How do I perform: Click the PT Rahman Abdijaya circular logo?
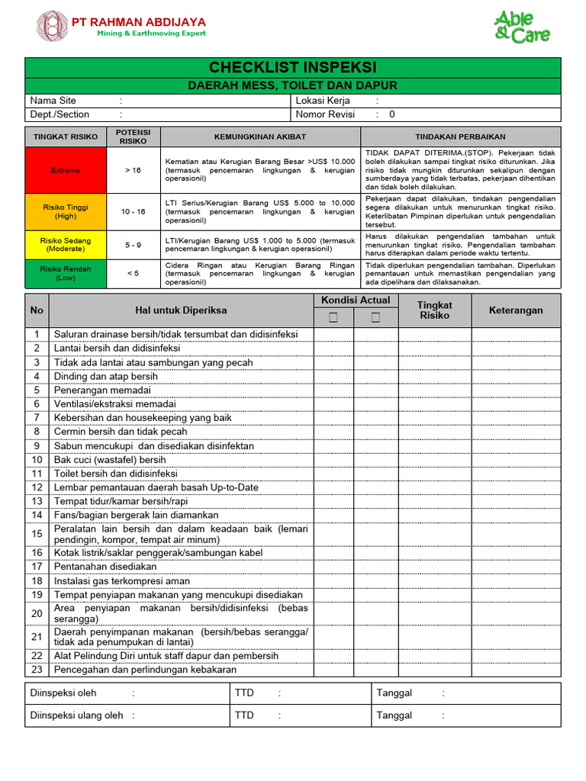tap(52, 26)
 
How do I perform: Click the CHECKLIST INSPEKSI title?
tap(293, 67)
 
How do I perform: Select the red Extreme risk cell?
tap(66, 170)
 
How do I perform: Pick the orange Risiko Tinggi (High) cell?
tap(66, 211)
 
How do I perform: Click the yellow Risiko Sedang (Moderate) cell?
tap(66, 244)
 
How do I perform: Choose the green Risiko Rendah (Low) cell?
tap(66, 273)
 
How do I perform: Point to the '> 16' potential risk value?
tap(133, 170)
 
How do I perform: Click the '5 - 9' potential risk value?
tap(133, 245)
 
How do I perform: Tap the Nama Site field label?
tap(53, 101)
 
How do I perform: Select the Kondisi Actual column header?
tap(355, 301)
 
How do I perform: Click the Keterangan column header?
tap(516, 310)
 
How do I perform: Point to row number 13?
tap(36, 501)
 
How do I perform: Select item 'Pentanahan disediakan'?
tap(105, 567)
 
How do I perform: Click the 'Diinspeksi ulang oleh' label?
tap(76, 715)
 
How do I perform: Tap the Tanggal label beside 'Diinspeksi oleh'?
tap(394, 693)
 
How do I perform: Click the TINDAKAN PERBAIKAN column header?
tap(460, 137)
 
